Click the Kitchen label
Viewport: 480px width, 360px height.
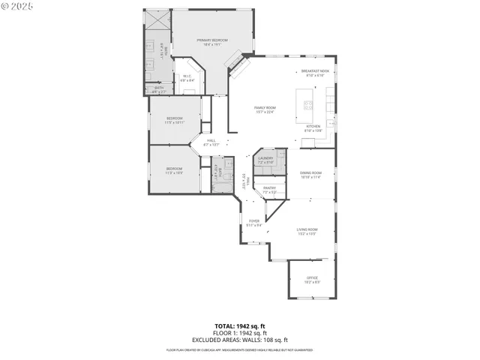click(x=313, y=128)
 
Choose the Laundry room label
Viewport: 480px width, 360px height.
click(x=266, y=160)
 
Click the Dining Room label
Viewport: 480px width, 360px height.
click(x=311, y=175)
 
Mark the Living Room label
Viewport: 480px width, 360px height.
click(x=307, y=231)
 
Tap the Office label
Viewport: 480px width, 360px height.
click(x=312, y=280)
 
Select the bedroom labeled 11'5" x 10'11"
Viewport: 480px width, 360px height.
click(x=175, y=120)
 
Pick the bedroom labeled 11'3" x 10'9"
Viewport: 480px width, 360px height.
click(x=174, y=170)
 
